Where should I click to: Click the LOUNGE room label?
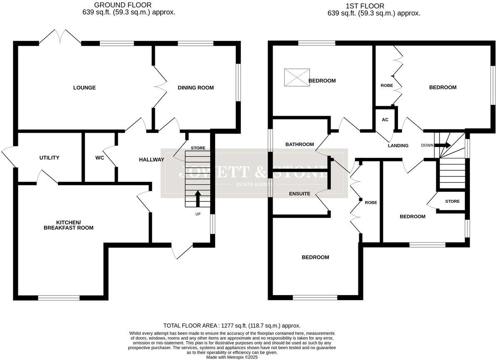[x=84, y=88]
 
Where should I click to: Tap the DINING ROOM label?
[x=196, y=88]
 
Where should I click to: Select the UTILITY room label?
[x=50, y=158]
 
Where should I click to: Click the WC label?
[x=99, y=158]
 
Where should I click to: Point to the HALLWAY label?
[x=152, y=159]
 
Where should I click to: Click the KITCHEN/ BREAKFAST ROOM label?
[x=75, y=225]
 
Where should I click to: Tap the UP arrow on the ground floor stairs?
[x=198, y=199]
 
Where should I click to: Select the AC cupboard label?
[x=385, y=120]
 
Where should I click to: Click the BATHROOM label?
[x=299, y=144]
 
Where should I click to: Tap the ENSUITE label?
[x=300, y=194]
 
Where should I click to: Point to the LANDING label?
[x=398, y=146]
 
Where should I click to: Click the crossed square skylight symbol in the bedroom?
[x=297, y=78]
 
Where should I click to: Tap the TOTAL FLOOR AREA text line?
[x=232, y=326]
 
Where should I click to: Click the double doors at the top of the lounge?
[x=60, y=37]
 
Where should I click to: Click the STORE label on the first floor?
[x=452, y=201]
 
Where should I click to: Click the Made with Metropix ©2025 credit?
[x=232, y=357]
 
